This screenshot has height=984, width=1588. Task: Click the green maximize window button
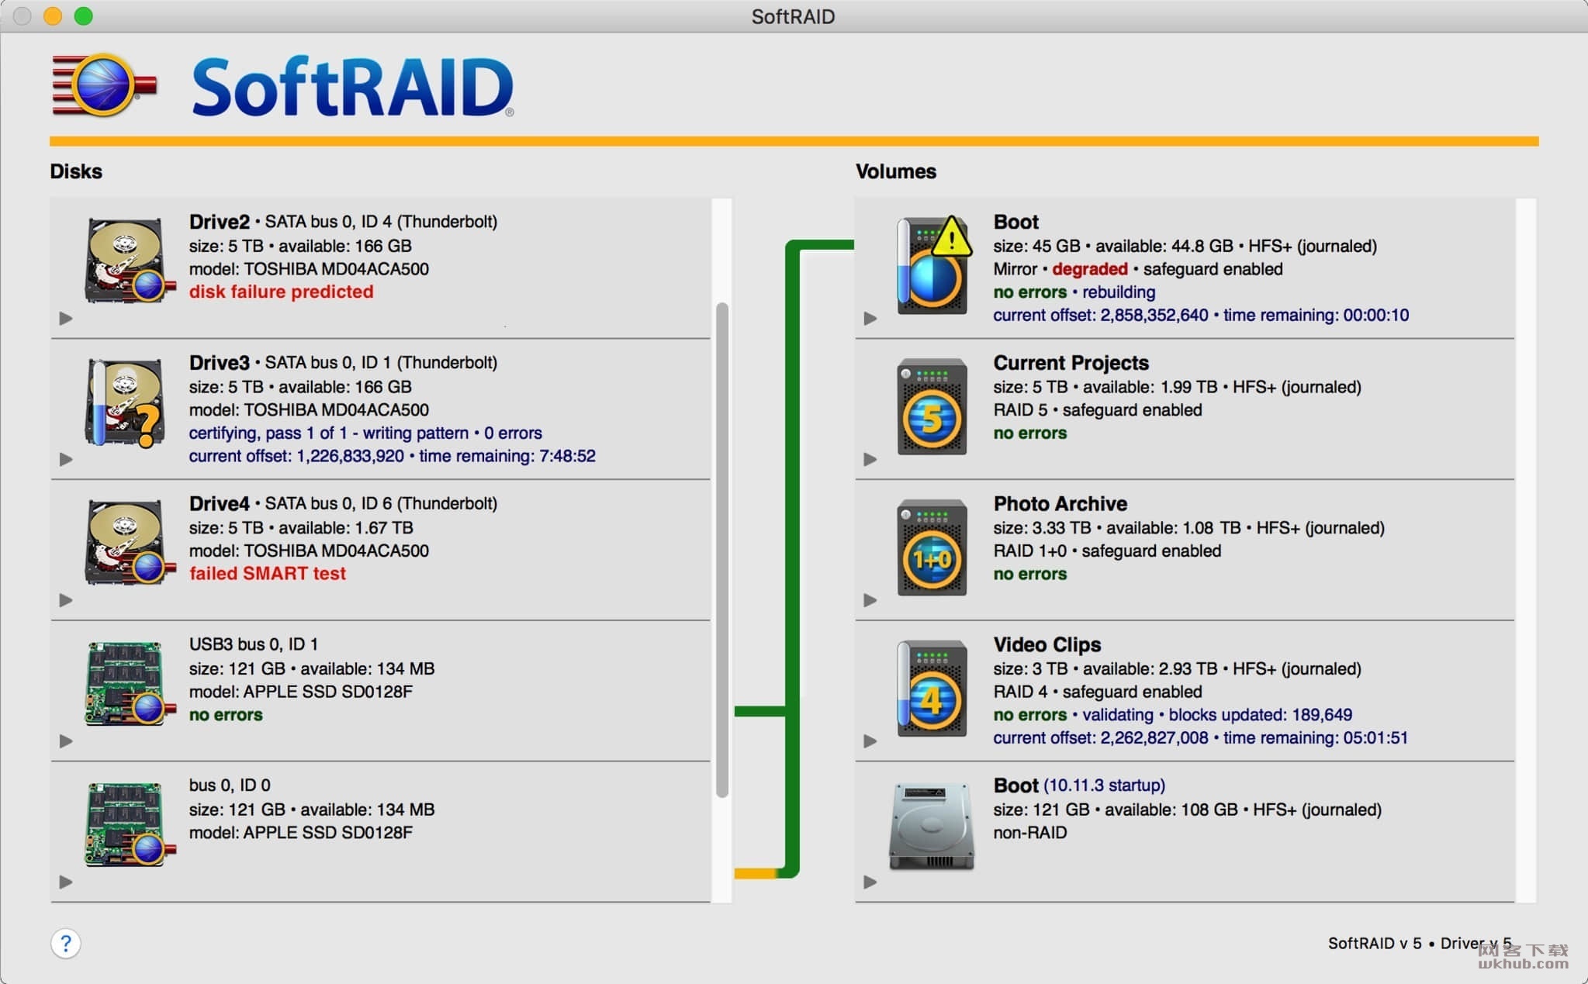click(84, 16)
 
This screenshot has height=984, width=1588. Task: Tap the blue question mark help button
click(66, 944)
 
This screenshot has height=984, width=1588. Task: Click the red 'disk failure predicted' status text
click(281, 292)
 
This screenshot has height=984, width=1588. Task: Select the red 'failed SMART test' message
click(268, 574)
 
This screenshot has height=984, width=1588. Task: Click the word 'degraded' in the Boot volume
click(1089, 269)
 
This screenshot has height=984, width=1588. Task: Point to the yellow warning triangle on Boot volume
click(951, 237)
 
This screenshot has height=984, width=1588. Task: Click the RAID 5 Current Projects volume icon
click(932, 407)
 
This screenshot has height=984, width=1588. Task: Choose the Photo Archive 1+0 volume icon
click(932, 548)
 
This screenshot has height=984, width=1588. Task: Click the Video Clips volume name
click(1047, 644)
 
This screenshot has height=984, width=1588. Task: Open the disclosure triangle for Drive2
click(66, 318)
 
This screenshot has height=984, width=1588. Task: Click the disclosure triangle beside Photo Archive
click(870, 600)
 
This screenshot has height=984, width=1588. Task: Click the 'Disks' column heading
click(76, 171)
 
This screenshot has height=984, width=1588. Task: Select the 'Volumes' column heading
click(896, 171)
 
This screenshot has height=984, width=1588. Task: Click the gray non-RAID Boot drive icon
click(931, 827)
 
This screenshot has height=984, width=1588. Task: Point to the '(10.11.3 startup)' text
click(1104, 785)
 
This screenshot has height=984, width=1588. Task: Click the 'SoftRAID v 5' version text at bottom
click(1375, 944)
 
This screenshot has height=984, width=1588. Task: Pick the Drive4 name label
click(220, 503)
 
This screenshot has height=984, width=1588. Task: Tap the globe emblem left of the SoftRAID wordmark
click(104, 85)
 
